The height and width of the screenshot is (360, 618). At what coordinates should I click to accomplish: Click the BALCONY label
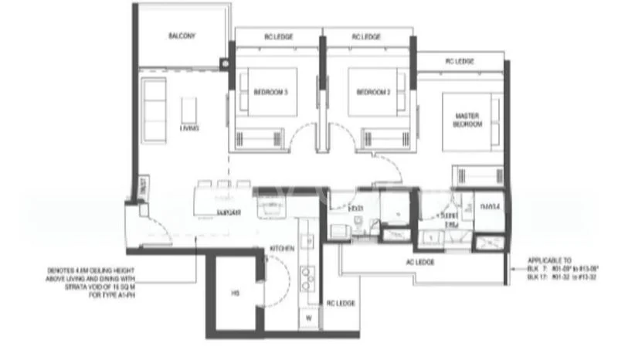click(x=182, y=36)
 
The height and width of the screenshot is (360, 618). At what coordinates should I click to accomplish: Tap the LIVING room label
click(x=189, y=128)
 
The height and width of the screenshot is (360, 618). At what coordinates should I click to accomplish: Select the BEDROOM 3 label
click(x=271, y=93)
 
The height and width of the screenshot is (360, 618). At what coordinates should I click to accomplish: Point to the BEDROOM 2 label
click(x=373, y=93)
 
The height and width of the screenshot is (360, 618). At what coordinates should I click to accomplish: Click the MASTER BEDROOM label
click(x=467, y=120)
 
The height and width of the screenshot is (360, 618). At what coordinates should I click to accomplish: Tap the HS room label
click(x=235, y=293)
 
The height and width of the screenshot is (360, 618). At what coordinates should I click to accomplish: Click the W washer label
click(x=310, y=318)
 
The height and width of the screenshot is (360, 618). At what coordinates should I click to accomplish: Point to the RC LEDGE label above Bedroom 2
click(x=366, y=36)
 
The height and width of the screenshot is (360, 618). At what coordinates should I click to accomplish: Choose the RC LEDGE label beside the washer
click(x=341, y=304)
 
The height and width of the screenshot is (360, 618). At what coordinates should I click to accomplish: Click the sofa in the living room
click(x=153, y=105)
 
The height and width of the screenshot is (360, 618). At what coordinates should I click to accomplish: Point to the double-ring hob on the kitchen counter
click(x=307, y=277)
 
